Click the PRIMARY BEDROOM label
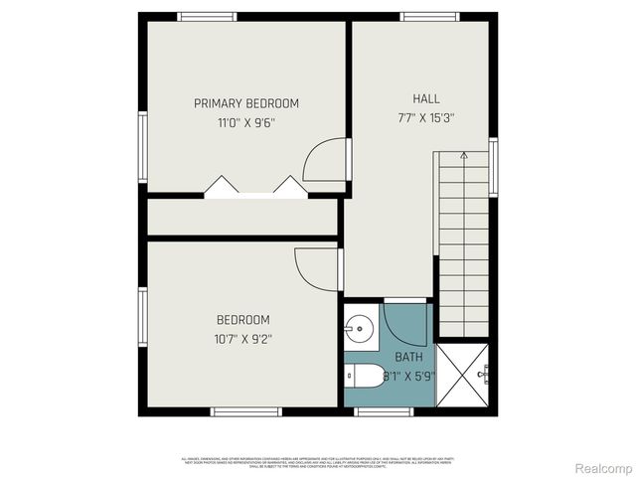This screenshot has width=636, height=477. point(245,103)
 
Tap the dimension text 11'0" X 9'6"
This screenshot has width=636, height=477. point(245,123)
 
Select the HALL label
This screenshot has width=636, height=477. point(426,98)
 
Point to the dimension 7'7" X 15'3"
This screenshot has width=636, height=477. point(426,117)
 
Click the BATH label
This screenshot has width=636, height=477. point(408,357)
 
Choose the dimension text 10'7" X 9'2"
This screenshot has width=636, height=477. point(243,339)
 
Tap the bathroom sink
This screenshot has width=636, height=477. point(360,327)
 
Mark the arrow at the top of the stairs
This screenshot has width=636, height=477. point(464,156)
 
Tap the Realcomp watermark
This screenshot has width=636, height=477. point(602,467)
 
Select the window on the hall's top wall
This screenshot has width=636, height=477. point(429,16)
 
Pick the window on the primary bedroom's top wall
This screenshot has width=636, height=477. point(207,16)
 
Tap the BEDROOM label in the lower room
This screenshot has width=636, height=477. point(243,320)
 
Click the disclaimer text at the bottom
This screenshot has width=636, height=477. point(318,461)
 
